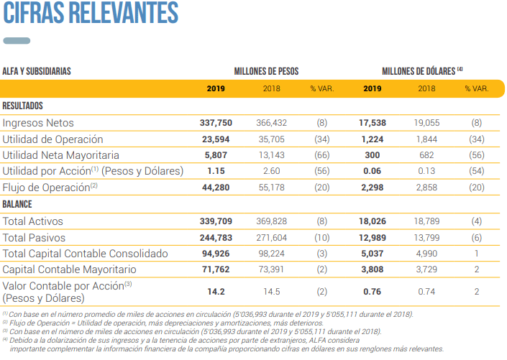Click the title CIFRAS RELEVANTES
point(91,13)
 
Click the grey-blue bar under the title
point(17,41)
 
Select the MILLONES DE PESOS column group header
point(266,71)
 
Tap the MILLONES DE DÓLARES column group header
point(422,71)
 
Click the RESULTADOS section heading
point(22,106)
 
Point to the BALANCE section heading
point(17,204)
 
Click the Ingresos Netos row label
point(38,123)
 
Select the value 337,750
point(216,123)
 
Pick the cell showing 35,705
point(271,139)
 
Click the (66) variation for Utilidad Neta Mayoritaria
point(321,155)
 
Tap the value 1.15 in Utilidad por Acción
point(216,171)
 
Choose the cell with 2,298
point(373,188)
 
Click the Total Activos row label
point(32,221)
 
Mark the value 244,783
point(216,238)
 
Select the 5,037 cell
point(373,254)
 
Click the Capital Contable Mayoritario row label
point(69,269)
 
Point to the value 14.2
point(216,292)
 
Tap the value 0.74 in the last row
point(426,292)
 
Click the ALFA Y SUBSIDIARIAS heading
point(37,71)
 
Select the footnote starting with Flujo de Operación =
point(163,323)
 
